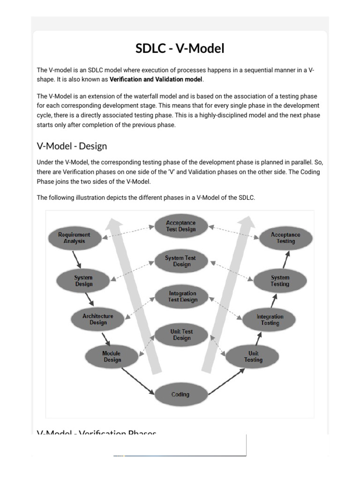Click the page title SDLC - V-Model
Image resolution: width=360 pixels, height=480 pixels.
[180, 48]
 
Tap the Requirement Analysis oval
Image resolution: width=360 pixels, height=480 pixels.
[75, 238]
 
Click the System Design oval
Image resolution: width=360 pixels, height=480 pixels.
[84, 281]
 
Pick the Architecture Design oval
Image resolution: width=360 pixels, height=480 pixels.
[98, 319]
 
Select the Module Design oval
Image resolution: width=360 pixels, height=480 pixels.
[112, 357]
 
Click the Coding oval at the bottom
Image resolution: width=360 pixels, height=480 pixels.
[180, 395]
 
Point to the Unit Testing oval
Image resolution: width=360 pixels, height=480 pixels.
[253, 357]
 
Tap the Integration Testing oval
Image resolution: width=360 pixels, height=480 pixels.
[270, 320]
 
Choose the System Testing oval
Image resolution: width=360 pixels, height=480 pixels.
[280, 281]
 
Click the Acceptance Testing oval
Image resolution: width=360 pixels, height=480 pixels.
[285, 238]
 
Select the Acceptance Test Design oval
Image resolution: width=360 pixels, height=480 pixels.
[181, 226]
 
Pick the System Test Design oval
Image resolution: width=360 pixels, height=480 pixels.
[181, 261]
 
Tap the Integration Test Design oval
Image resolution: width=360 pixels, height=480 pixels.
[182, 297]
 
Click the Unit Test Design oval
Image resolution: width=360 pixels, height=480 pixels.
[181, 335]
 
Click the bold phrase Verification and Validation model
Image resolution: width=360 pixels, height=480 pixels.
[156, 79]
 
